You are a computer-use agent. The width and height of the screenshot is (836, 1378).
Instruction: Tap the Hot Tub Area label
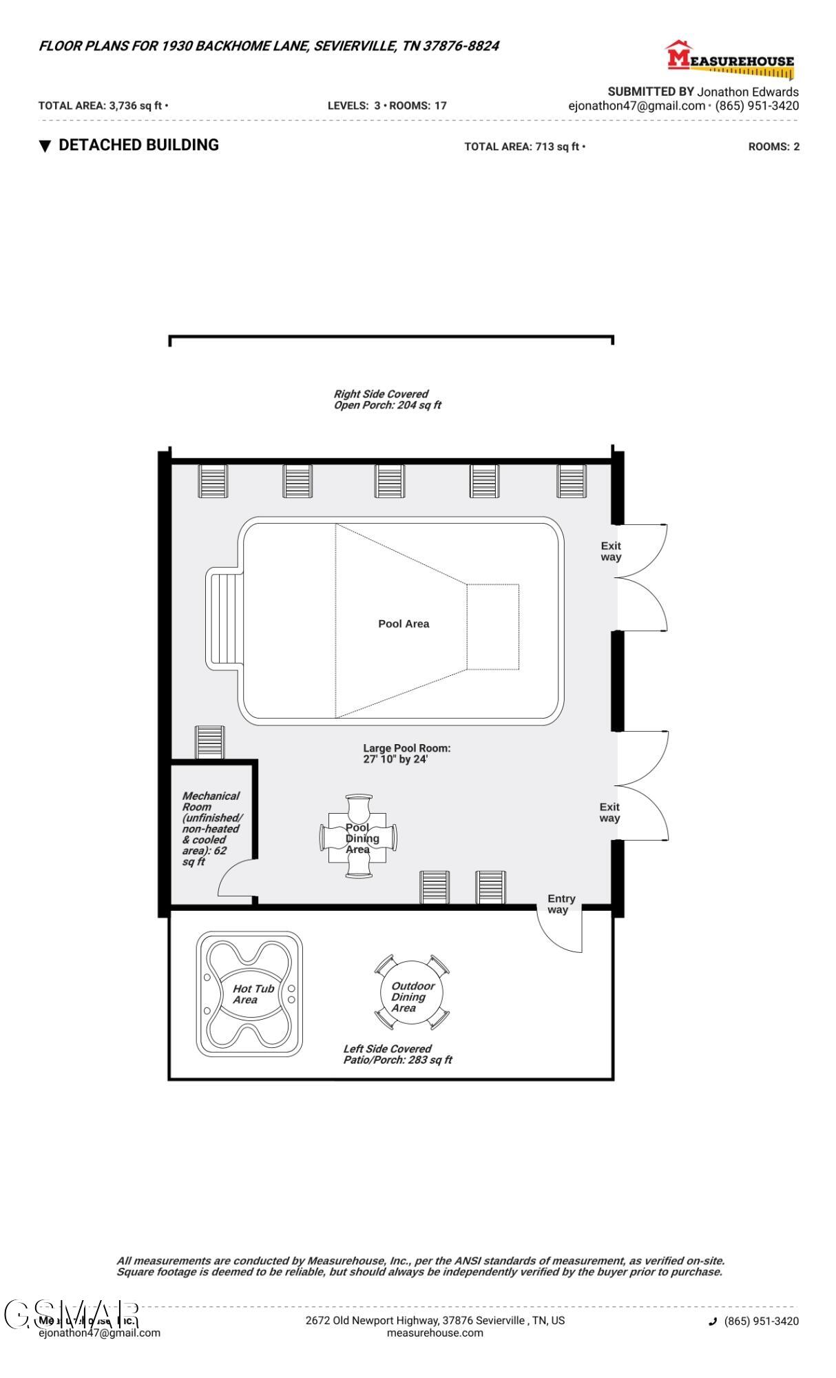[253, 994]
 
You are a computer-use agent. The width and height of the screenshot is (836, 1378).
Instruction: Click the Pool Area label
[404, 624]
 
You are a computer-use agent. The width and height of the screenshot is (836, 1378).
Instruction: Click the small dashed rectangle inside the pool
[492, 626]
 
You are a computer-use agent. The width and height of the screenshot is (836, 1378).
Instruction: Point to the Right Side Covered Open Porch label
[386, 400]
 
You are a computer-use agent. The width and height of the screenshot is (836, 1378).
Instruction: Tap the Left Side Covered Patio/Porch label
[397, 1054]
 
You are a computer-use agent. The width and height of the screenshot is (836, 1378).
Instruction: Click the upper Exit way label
[610, 551]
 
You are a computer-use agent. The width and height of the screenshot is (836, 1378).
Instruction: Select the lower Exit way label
[609, 812]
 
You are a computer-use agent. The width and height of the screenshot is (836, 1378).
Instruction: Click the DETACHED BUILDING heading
[138, 145]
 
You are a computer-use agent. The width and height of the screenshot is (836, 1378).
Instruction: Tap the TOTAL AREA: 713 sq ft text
[524, 147]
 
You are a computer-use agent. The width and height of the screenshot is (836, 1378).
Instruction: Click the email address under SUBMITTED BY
[636, 105]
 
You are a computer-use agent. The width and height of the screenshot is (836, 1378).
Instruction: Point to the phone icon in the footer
[713, 1321]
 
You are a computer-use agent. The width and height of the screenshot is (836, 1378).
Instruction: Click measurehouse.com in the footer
[435, 1333]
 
